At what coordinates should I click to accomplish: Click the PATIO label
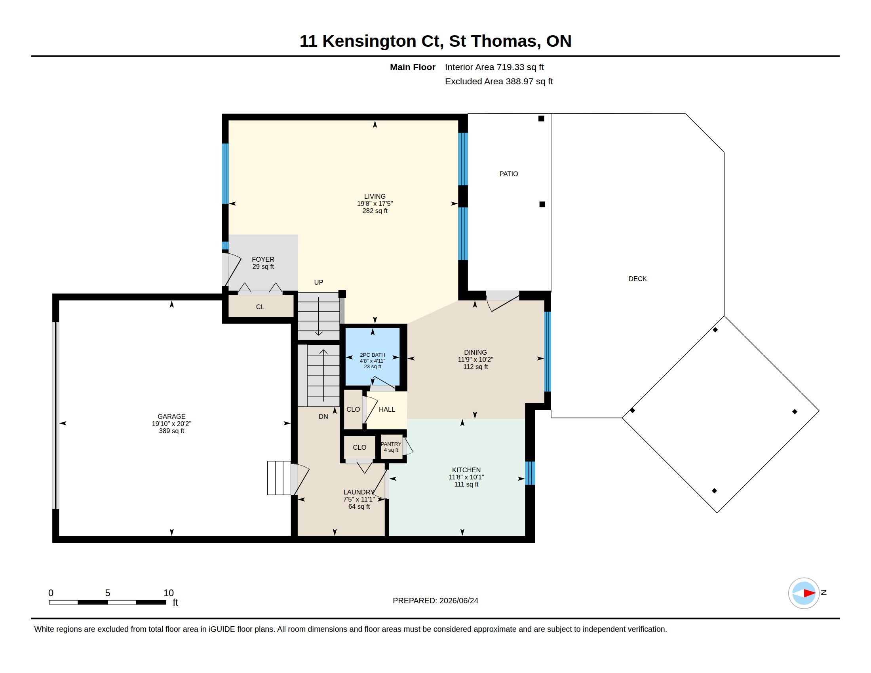(508, 174)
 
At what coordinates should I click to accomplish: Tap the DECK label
(637, 279)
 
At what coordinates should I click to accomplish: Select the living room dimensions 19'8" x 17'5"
(375, 203)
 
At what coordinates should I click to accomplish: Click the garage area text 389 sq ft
(171, 431)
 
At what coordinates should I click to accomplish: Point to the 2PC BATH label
(372, 355)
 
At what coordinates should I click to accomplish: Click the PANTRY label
(391, 444)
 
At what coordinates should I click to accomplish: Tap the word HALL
(387, 409)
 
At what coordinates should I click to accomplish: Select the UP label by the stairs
(318, 282)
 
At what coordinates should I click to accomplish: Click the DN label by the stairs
(323, 416)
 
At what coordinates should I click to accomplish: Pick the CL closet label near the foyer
(260, 307)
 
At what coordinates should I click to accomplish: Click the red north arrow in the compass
(810, 593)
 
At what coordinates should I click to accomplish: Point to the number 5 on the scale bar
(107, 593)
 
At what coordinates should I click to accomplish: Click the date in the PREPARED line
(458, 601)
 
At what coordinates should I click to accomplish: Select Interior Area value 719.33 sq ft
(520, 67)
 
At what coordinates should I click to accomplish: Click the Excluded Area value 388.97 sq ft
(529, 82)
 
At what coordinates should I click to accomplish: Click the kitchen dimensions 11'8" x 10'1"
(466, 477)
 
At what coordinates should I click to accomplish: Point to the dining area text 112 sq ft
(475, 367)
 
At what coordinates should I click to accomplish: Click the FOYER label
(263, 260)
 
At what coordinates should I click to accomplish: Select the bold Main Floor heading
(413, 67)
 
